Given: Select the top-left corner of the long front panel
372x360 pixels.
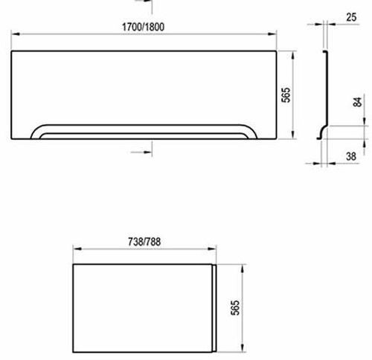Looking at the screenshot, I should click(x=13, y=52).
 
